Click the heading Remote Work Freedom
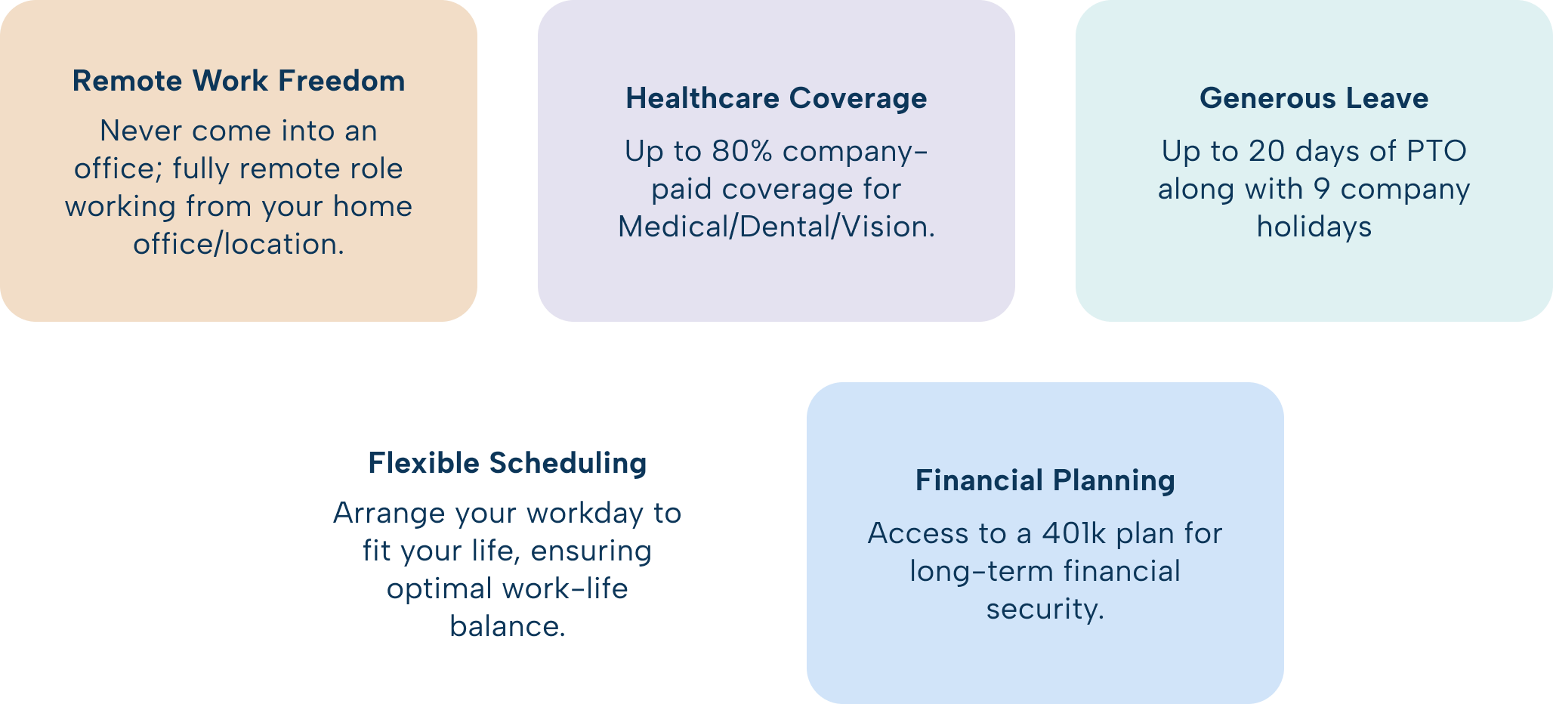tap(239, 81)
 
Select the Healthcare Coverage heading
tap(776, 99)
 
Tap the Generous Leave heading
tap(1314, 98)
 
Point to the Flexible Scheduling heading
tap(508, 463)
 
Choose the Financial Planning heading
tap(1045, 480)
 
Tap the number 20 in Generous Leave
tap(1266, 151)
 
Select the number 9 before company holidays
tap(1322, 189)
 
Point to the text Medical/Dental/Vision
tap(776, 227)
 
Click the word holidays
tap(1314, 227)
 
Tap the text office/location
tap(239, 244)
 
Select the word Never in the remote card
tap(141, 131)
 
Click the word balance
tap(508, 626)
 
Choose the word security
tap(1045, 609)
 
